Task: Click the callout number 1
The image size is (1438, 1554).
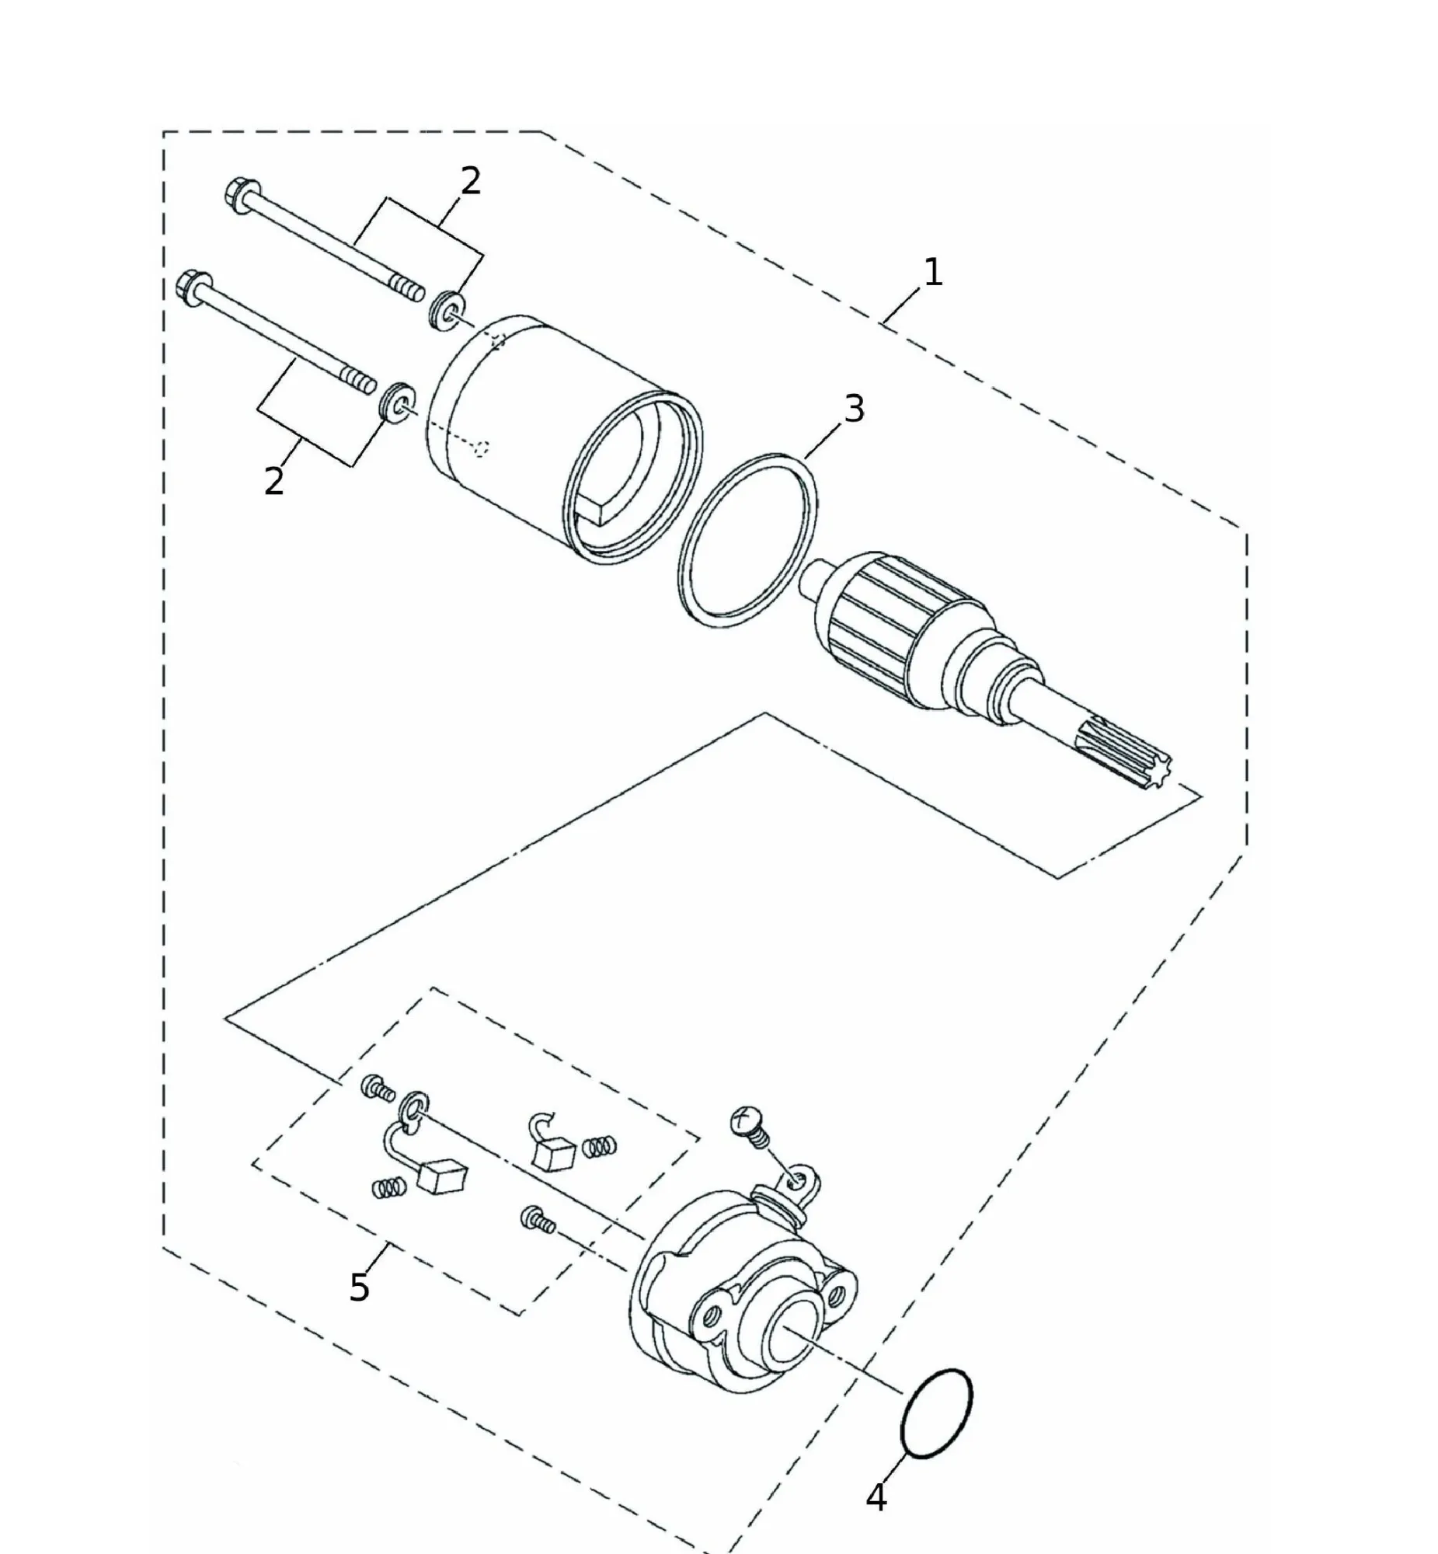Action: [x=932, y=273]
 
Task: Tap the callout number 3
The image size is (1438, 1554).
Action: [x=854, y=409]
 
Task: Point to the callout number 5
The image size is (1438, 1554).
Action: [x=359, y=1287]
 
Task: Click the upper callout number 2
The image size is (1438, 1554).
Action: [x=471, y=181]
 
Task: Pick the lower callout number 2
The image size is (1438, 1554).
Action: [x=274, y=482]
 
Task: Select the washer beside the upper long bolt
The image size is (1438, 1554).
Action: [x=447, y=309]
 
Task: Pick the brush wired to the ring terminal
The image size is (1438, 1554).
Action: [x=441, y=1176]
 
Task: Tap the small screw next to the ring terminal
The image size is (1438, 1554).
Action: [x=378, y=1088]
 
